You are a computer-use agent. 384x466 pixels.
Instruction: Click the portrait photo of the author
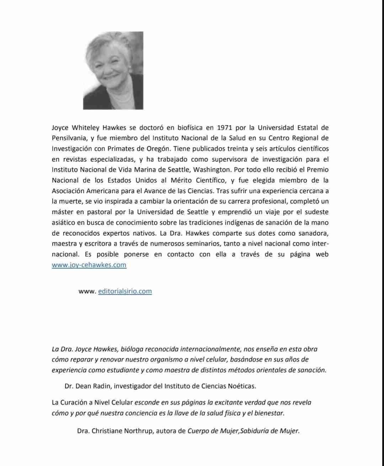click(113, 70)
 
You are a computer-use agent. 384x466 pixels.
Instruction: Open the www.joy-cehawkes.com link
click(89, 265)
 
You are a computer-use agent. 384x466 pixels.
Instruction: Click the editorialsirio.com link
click(125, 291)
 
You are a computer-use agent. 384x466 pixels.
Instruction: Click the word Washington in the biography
click(212, 169)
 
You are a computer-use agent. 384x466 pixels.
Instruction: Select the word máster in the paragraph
click(63, 212)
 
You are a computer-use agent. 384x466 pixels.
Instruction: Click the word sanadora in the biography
click(313, 233)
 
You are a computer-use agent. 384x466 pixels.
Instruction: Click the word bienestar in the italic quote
click(270, 413)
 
